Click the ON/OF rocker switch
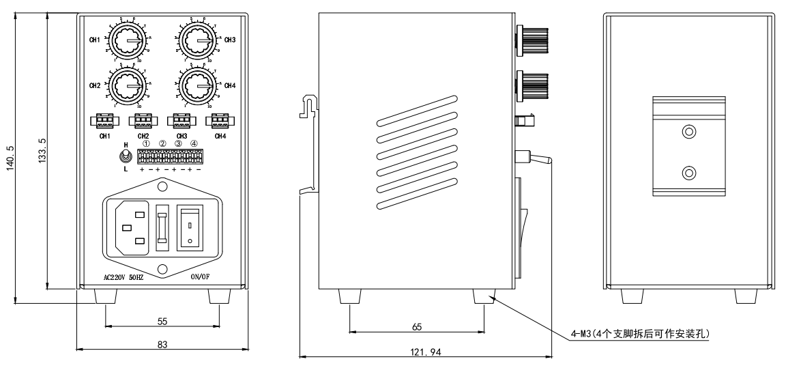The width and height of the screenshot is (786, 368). (x=191, y=225)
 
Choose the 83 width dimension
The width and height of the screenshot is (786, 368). (x=162, y=344)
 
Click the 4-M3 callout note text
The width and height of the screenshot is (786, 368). (x=641, y=334)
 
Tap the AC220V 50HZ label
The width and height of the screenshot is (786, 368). (x=122, y=278)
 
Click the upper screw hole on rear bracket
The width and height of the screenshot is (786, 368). (x=689, y=132)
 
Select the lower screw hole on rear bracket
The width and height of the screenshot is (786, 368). (x=689, y=172)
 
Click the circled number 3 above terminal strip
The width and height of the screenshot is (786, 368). (x=178, y=143)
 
